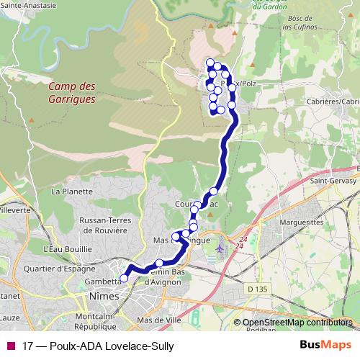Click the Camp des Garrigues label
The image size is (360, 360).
point(71,93)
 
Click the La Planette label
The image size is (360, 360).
point(72,192)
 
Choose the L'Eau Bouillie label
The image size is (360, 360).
point(68,248)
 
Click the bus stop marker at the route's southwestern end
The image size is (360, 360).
point(124,278)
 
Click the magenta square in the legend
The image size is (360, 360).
point(9,346)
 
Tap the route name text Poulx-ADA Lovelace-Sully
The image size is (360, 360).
point(112,346)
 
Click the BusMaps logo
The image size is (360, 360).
point(326,345)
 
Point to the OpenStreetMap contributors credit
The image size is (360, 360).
point(297,323)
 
